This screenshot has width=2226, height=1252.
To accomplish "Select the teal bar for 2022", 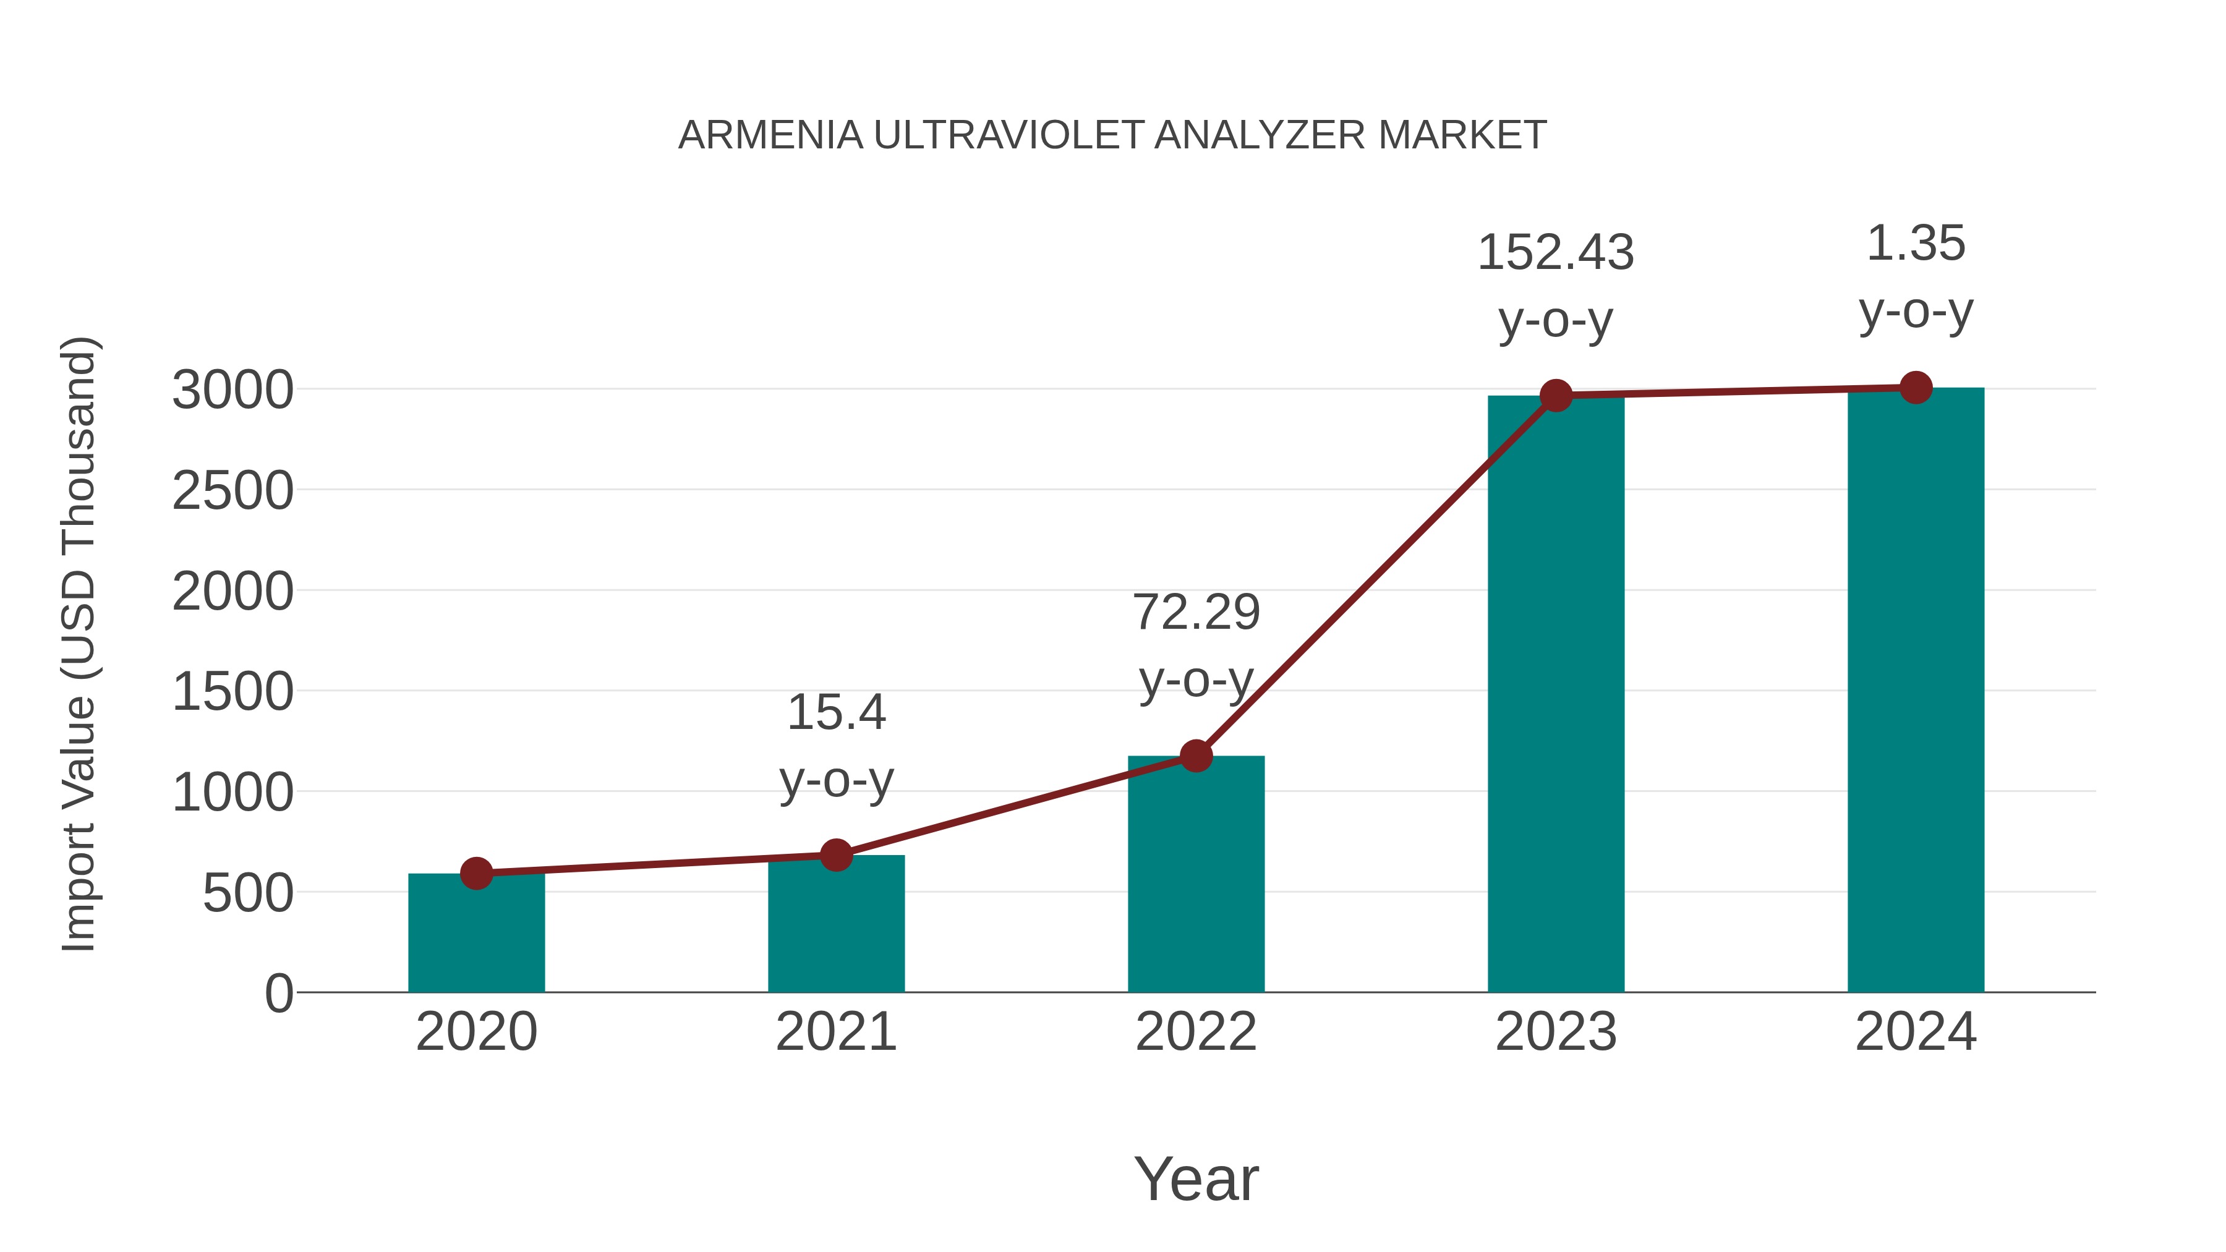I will point(1196,877).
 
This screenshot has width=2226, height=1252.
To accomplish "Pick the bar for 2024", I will point(1916,691).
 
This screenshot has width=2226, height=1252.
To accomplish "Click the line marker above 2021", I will point(835,856).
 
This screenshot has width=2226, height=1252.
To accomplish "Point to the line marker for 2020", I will point(476,874).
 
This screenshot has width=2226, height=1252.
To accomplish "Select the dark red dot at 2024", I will point(1916,388).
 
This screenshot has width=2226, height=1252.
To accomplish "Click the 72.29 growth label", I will point(1196,645).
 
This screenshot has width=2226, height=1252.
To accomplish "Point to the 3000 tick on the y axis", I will point(232,391).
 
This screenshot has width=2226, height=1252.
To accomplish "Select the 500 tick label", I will point(247,893).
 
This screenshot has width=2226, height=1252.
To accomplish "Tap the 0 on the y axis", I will point(278,994).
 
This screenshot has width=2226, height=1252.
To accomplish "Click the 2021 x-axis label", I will point(835,1033).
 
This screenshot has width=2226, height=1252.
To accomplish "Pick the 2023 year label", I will point(1556,1033).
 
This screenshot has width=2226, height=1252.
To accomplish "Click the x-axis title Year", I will point(1196,1180).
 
